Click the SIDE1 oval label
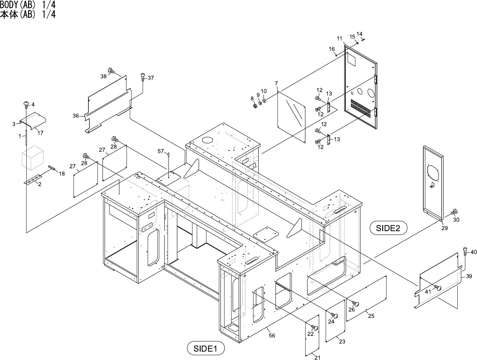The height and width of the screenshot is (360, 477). pos(206,348)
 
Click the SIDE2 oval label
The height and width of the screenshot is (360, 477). pos(388,228)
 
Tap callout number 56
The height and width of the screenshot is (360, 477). pos(272,335)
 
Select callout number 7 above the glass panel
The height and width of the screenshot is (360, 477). pos(276,83)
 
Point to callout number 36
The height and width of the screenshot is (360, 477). pos(76,116)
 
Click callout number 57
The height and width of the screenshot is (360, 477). pos(160,151)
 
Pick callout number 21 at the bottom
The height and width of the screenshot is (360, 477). pos(317,357)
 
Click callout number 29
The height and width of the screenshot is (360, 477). pos(444,228)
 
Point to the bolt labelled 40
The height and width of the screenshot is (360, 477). pos(465,251)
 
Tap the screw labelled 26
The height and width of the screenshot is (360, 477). pos(355,304)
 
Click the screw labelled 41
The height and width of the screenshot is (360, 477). pos(437,287)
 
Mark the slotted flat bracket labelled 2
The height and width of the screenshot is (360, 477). pos(33,179)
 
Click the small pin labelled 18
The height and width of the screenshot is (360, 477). pos(52,168)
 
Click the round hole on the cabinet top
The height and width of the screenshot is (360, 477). pos(207,139)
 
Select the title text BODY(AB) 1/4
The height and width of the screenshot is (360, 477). pos(28,5)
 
